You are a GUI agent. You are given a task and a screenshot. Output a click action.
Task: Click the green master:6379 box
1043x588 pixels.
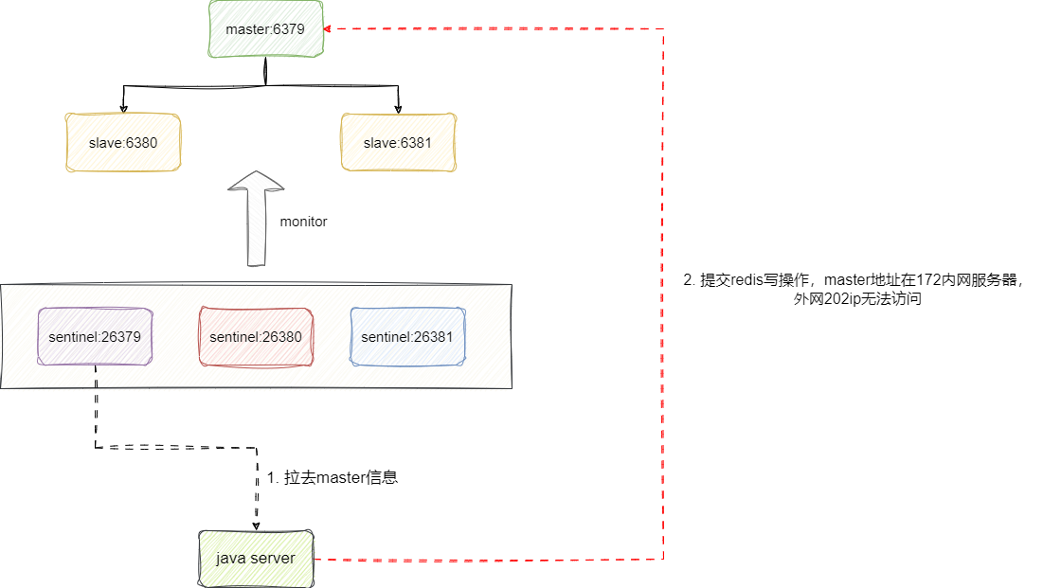265,29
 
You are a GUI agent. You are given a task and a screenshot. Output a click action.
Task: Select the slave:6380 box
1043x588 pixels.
122,142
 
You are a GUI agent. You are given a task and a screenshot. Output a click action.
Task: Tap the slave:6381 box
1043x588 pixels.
398,142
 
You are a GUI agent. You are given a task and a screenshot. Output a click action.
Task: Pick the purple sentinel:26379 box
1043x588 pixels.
95,336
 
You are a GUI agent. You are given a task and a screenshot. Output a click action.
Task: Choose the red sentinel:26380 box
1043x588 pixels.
256,336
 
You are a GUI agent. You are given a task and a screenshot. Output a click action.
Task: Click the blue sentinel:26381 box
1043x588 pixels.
407,336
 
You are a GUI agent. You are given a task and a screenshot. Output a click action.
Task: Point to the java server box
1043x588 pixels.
256,558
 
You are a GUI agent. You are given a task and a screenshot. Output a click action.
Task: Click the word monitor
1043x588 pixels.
303,222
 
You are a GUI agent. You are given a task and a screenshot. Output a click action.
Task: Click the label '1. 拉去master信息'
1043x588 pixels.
333,477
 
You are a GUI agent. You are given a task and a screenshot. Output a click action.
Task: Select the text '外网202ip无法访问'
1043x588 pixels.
857,299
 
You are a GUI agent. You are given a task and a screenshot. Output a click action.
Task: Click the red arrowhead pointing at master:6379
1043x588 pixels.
328,29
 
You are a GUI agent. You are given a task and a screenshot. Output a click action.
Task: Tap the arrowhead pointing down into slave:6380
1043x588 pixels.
123,105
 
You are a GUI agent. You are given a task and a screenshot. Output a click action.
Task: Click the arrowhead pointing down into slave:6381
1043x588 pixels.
399,105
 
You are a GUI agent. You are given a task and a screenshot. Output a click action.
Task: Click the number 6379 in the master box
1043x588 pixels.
288,29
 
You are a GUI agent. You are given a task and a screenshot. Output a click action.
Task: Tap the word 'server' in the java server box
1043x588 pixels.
273,558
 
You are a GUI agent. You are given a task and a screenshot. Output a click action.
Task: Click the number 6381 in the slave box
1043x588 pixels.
416,142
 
